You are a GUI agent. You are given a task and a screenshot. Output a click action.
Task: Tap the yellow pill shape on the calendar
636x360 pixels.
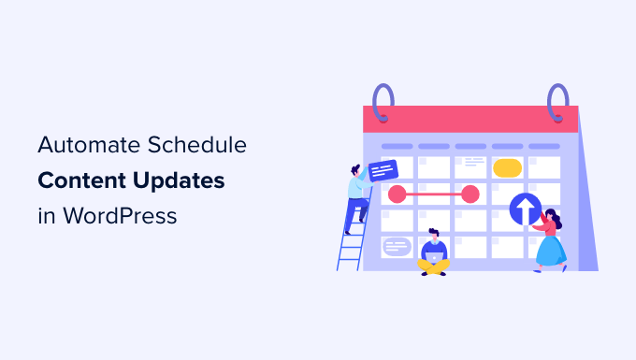[x=507, y=168]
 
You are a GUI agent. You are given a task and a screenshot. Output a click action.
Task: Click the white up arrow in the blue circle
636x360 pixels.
[x=525, y=209]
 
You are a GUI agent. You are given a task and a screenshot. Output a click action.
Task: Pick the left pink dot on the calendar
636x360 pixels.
[x=397, y=194]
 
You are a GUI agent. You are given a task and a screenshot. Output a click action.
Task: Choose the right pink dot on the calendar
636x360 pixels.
[x=470, y=194]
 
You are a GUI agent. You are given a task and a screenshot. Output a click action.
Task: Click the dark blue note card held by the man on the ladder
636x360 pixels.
[x=383, y=170]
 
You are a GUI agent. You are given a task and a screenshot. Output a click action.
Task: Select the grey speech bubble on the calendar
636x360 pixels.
[x=397, y=246]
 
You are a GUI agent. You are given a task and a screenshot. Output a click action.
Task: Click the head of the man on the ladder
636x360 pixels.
[x=357, y=170]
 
